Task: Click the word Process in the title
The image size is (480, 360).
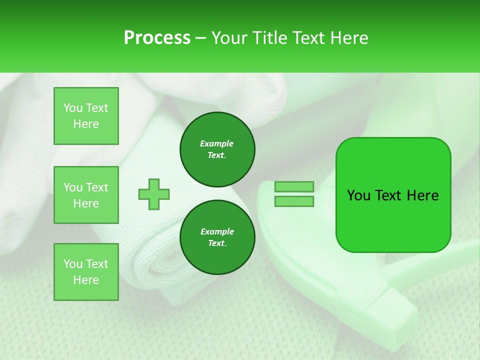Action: pos(157,38)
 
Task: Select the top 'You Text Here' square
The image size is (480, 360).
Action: pos(86,116)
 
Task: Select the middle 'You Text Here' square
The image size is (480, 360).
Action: pos(86,195)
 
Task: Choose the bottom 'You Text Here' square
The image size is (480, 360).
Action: pos(86,272)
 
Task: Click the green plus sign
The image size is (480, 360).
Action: pos(154,194)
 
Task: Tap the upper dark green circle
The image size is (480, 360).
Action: pos(217,149)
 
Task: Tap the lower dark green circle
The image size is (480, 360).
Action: pos(217,237)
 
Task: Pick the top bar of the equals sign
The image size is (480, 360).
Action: pos(294,186)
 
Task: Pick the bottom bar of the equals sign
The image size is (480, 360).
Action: pos(294,201)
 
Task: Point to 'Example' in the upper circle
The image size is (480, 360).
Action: pos(216,143)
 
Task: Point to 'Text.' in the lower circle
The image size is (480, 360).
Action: pos(217,243)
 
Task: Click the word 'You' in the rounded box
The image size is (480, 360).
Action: pos(358,195)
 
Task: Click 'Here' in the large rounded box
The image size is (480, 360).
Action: pos(422,195)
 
